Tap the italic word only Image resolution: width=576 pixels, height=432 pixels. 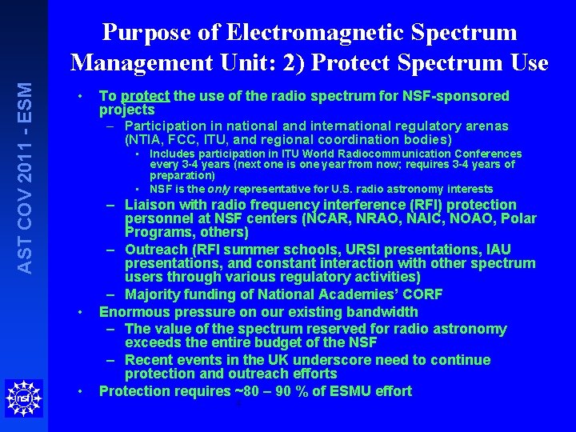coord(221,189)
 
